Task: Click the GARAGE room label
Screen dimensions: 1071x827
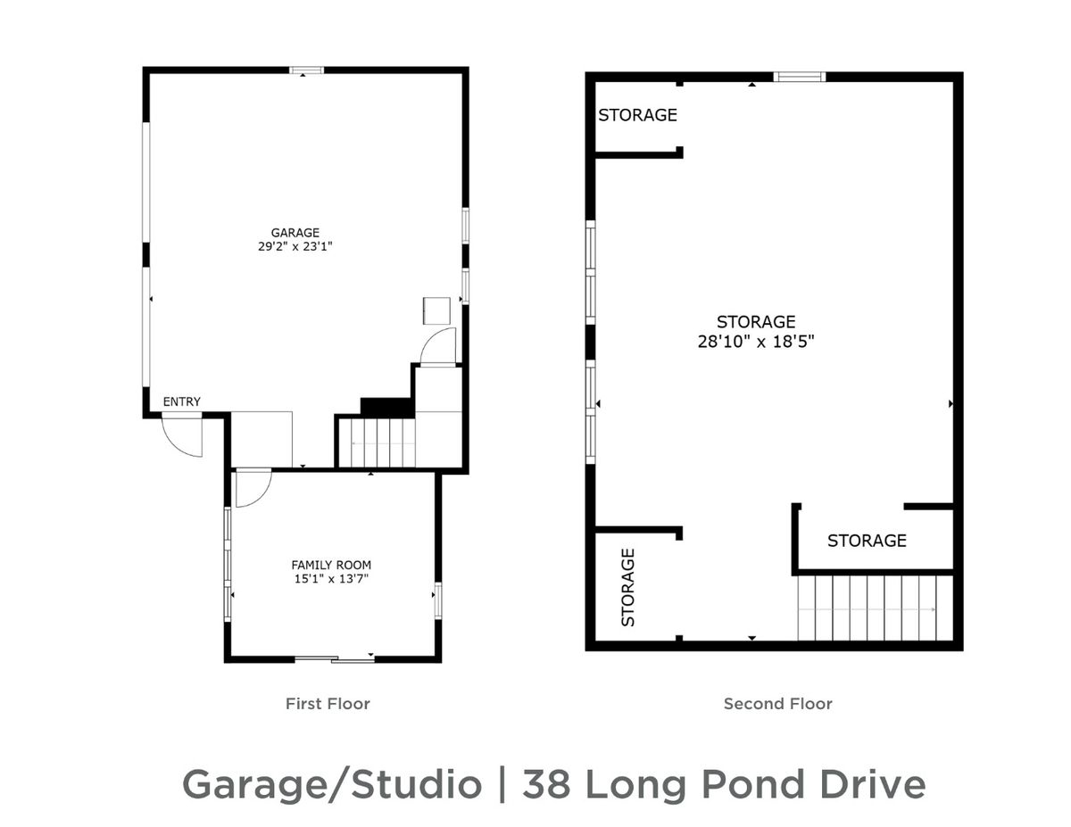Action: pyautogui.click(x=295, y=233)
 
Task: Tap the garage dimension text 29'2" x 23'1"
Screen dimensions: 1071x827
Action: pyautogui.click(x=295, y=246)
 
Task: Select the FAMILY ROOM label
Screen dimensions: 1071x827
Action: pyautogui.click(x=331, y=565)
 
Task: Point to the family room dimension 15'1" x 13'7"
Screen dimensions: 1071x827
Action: pyautogui.click(x=331, y=579)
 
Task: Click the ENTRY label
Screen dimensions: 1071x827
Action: pyautogui.click(x=181, y=401)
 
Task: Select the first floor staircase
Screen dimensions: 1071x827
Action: pyautogui.click(x=383, y=442)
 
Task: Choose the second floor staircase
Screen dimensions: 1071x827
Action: pyautogui.click(x=875, y=608)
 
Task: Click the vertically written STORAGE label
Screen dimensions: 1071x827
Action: pyautogui.click(x=627, y=588)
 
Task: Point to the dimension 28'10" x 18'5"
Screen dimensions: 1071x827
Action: pyautogui.click(x=756, y=342)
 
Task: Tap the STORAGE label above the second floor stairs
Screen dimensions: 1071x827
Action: pyautogui.click(x=867, y=541)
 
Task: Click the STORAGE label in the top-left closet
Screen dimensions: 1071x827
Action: pyautogui.click(x=637, y=115)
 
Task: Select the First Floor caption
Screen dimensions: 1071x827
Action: pyautogui.click(x=328, y=703)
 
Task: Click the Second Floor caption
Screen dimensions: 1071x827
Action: pyautogui.click(x=777, y=703)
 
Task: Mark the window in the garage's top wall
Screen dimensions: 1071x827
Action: pyautogui.click(x=306, y=70)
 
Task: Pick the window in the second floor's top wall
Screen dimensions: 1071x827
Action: pyautogui.click(x=799, y=77)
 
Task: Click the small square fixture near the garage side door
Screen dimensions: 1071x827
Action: pyautogui.click(x=436, y=310)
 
